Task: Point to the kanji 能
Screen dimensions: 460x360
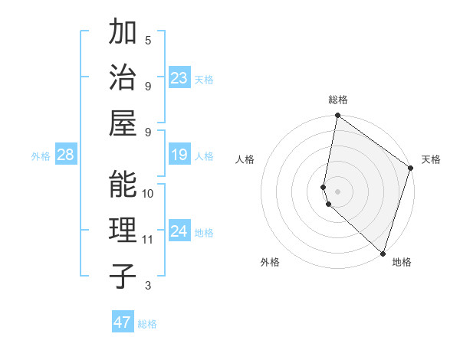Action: (x=123, y=184)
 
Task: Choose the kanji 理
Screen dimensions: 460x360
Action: (x=123, y=230)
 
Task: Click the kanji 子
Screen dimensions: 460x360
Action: (x=123, y=276)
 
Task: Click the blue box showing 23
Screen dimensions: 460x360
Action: (x=179, y=78)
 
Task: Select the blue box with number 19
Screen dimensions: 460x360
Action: (x=179, y=155)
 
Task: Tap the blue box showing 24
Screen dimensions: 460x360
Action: (x=179, y=232)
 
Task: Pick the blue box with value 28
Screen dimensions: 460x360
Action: (x=65, y=155)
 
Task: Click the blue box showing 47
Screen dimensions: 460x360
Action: (x=123, y=322)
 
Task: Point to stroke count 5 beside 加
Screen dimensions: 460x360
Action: (x=148, y=40)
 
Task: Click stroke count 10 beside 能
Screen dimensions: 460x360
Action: (x=148, y=193)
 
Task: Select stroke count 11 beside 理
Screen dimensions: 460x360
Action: (x=148, y=240)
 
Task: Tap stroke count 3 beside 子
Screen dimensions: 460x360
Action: (x=148, y=286)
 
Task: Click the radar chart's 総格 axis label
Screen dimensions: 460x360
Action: (x=338, y=100)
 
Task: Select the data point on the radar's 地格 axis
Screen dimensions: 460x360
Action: (x=382, y=254)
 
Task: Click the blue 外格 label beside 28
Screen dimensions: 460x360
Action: (x=41, y=156)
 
